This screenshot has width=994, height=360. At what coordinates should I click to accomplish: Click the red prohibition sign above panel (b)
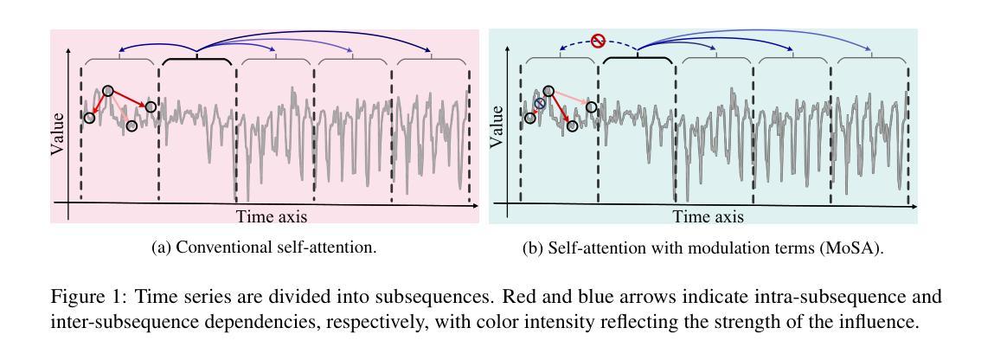(x=598, y=40)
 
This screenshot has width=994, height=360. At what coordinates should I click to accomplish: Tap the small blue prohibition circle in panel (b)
(x=540, y=104)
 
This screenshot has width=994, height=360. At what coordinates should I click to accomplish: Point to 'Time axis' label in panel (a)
(x=272, y=216)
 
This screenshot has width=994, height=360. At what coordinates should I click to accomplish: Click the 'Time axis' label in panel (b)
(x=709, y=216)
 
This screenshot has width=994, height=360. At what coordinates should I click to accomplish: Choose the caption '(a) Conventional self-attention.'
(x=264, y=247)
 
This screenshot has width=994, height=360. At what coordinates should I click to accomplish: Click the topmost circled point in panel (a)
(x=108, y=91)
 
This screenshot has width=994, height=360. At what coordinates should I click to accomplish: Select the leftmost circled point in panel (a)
(x=89, y=117)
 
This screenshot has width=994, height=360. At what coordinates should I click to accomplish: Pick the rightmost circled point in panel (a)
(x=151, y=106)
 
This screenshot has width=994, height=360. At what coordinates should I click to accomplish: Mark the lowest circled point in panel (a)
(x=131, y=126)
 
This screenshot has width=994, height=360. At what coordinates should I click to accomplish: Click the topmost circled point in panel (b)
(x=548, y=91)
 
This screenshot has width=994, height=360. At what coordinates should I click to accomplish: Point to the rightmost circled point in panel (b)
(x=592, y=107)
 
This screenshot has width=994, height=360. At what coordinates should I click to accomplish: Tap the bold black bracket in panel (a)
(x=197, y=61)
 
